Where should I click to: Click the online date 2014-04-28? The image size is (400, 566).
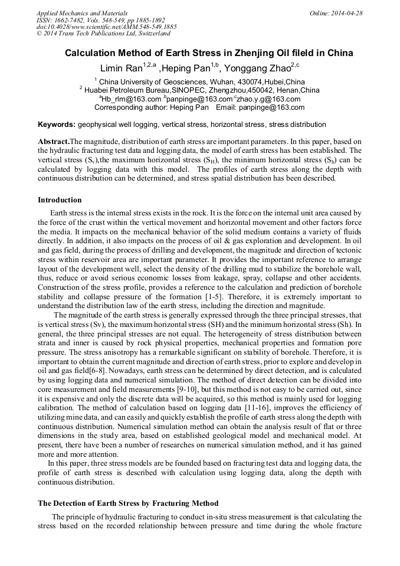coord(347,12)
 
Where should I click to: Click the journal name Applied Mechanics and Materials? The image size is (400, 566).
coord(81,12)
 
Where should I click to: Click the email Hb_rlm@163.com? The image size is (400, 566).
coord(131,99)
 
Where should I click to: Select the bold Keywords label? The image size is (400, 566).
coord(56,125)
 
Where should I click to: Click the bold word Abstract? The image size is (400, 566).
coord(53,142)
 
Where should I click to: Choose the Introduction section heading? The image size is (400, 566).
coord(60,200)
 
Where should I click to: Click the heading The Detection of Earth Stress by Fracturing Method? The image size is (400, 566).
coord(128,503)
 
